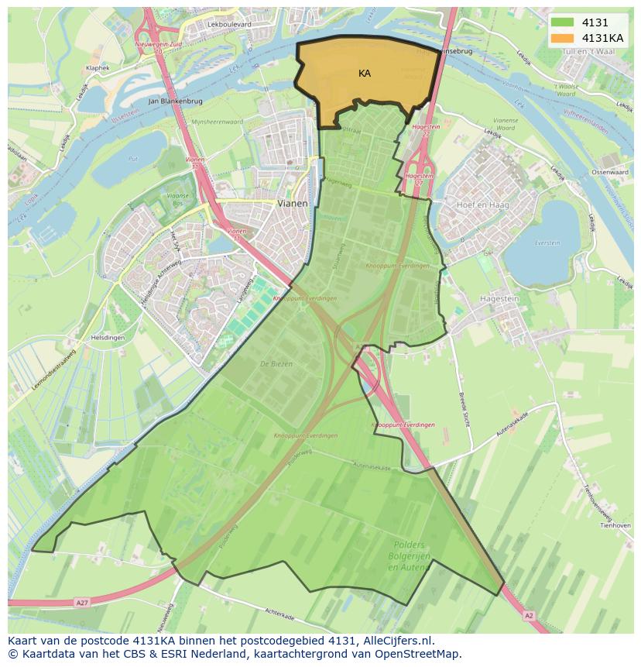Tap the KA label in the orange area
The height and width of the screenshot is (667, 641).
[x=365, y=74]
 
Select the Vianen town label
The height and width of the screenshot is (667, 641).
[x=292, y=203]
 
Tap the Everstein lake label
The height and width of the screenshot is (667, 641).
[x=547, y=242]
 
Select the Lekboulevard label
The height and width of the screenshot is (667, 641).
[x=230, y=25]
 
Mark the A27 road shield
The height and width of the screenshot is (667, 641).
[x=81, y=602]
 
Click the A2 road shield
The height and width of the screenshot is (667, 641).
[x=529, y=615]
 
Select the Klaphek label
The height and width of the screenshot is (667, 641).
[x=98, y=68]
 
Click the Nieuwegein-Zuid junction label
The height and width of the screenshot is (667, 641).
[x=158, y=46]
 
